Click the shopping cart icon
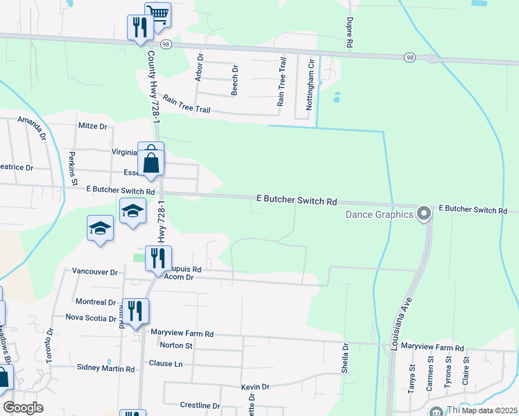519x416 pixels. coord(158,15)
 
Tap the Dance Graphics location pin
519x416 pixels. coord(425,214)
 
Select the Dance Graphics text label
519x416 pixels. coord(380,214)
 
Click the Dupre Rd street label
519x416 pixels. coord(350,33)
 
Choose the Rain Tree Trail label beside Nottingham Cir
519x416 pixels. coord(282,82)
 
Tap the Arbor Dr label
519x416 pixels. coord(199,68)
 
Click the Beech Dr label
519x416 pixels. coord(235,80)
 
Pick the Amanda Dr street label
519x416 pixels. coord(33,128)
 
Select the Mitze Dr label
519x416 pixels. coord(94,126)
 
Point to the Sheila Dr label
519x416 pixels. coord(345,358)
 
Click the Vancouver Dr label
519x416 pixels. coord(95,272)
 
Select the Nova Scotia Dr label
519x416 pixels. coord(91,318)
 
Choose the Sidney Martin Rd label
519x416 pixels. coord(105,369)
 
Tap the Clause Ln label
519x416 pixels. coord(166,363)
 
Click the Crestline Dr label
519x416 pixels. coord(200,406)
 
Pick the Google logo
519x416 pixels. coord(23,407)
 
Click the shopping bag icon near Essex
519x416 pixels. coord(151,164)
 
